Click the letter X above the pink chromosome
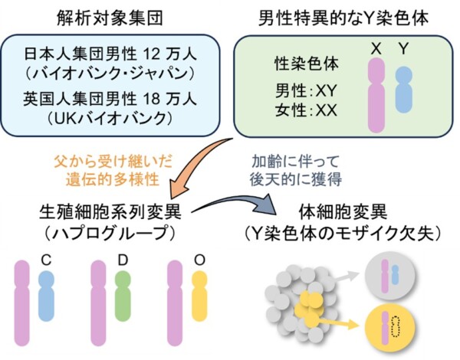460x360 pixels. coord(376,48)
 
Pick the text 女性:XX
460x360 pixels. coord(305,110)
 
